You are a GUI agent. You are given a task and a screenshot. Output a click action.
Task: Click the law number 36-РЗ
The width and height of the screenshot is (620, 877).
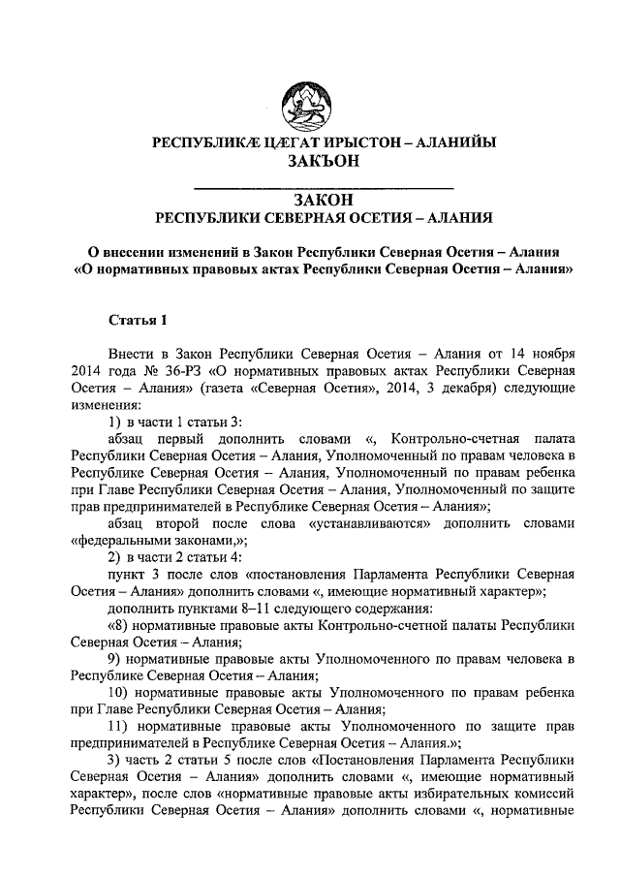[x=161, y=371]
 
